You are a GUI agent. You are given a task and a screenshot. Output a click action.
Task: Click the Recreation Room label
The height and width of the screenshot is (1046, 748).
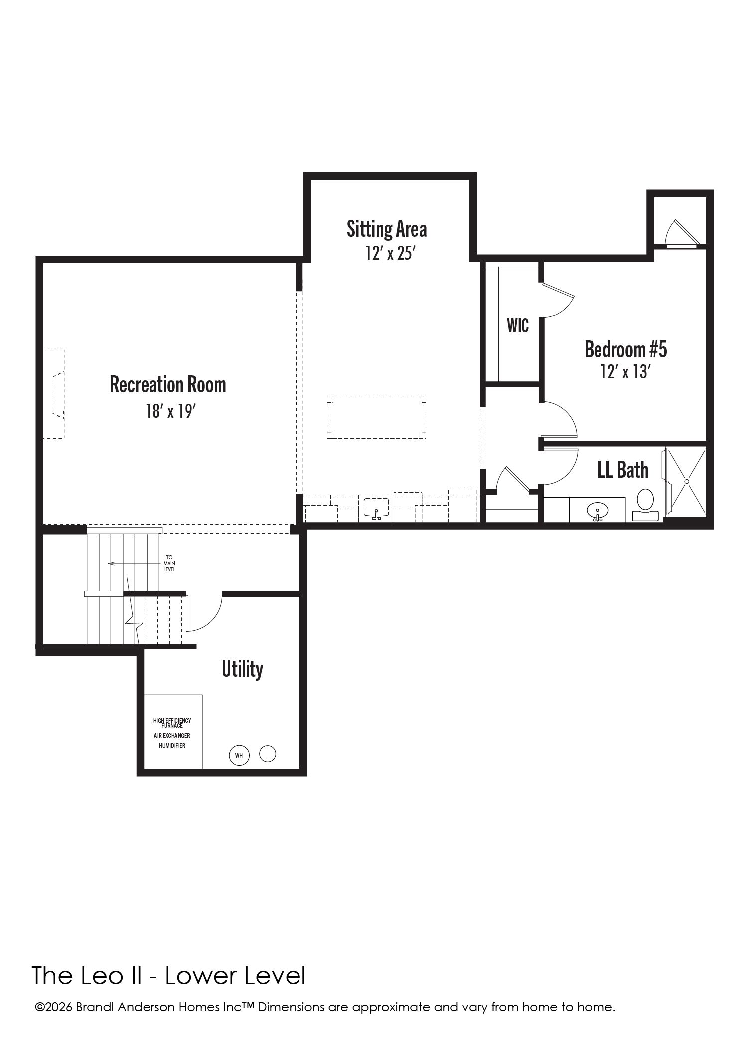(168, 385)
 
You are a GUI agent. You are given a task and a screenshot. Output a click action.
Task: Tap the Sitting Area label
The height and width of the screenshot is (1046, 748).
(387, 229)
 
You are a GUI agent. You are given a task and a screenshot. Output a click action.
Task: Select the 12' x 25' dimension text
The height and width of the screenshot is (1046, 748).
(390, 254)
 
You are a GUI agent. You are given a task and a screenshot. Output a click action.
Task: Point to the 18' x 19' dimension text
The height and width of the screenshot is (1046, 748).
(169, 411)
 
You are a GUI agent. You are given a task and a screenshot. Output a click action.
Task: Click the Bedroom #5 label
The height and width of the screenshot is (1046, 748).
(625, 349)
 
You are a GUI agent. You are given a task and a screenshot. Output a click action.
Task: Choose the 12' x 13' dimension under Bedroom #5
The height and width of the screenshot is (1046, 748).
(626, 372)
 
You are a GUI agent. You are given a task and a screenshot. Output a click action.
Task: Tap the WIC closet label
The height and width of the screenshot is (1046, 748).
(518, 326)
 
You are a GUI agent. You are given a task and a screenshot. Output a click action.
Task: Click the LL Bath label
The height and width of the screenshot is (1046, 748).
(623, 470)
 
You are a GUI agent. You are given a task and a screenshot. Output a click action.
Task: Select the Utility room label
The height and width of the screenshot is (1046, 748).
(243, 669)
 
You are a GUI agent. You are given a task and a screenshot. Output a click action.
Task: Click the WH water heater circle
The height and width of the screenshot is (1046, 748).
(239, 755)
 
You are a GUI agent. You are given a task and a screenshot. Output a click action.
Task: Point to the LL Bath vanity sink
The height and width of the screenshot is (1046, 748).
(598, 512)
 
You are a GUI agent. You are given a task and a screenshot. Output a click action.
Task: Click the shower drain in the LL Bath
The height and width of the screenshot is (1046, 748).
(686, 481)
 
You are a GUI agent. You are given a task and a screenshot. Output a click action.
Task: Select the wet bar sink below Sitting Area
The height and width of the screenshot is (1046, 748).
(376, 509)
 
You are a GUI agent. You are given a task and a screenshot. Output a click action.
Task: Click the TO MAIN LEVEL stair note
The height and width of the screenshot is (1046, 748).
(169, 563)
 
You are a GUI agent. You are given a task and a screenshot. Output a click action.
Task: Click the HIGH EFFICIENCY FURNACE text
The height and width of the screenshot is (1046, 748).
(172, 723)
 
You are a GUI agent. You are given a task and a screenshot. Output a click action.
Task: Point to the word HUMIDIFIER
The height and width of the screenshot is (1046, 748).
(172, 746)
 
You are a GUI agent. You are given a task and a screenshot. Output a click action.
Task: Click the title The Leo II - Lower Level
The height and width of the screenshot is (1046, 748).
(169, 976)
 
